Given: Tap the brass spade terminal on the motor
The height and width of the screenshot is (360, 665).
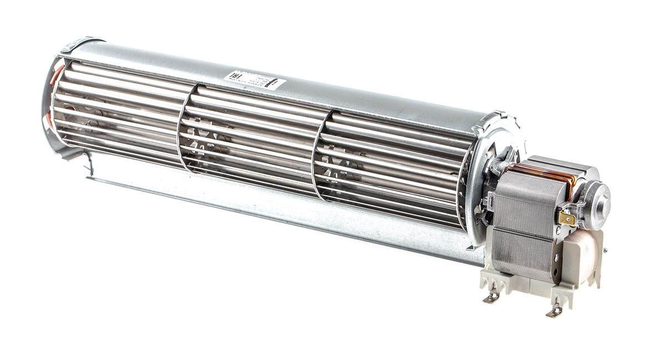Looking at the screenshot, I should pyautogui.click(x=566, y=218).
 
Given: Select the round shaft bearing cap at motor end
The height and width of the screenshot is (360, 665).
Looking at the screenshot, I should pyautogui.click(x=598, y=199).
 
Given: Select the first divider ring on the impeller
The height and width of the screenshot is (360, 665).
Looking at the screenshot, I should pyautogui.click(x=182, y=133).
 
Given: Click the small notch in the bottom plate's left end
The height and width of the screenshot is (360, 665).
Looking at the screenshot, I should pyautogui.click(x=89, y=164).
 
